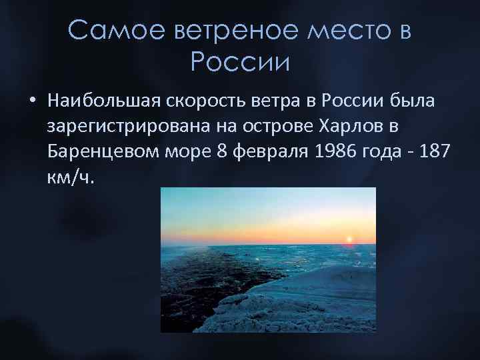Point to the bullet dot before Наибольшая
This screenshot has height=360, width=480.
point(32,101)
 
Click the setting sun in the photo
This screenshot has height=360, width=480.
point(348,239)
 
